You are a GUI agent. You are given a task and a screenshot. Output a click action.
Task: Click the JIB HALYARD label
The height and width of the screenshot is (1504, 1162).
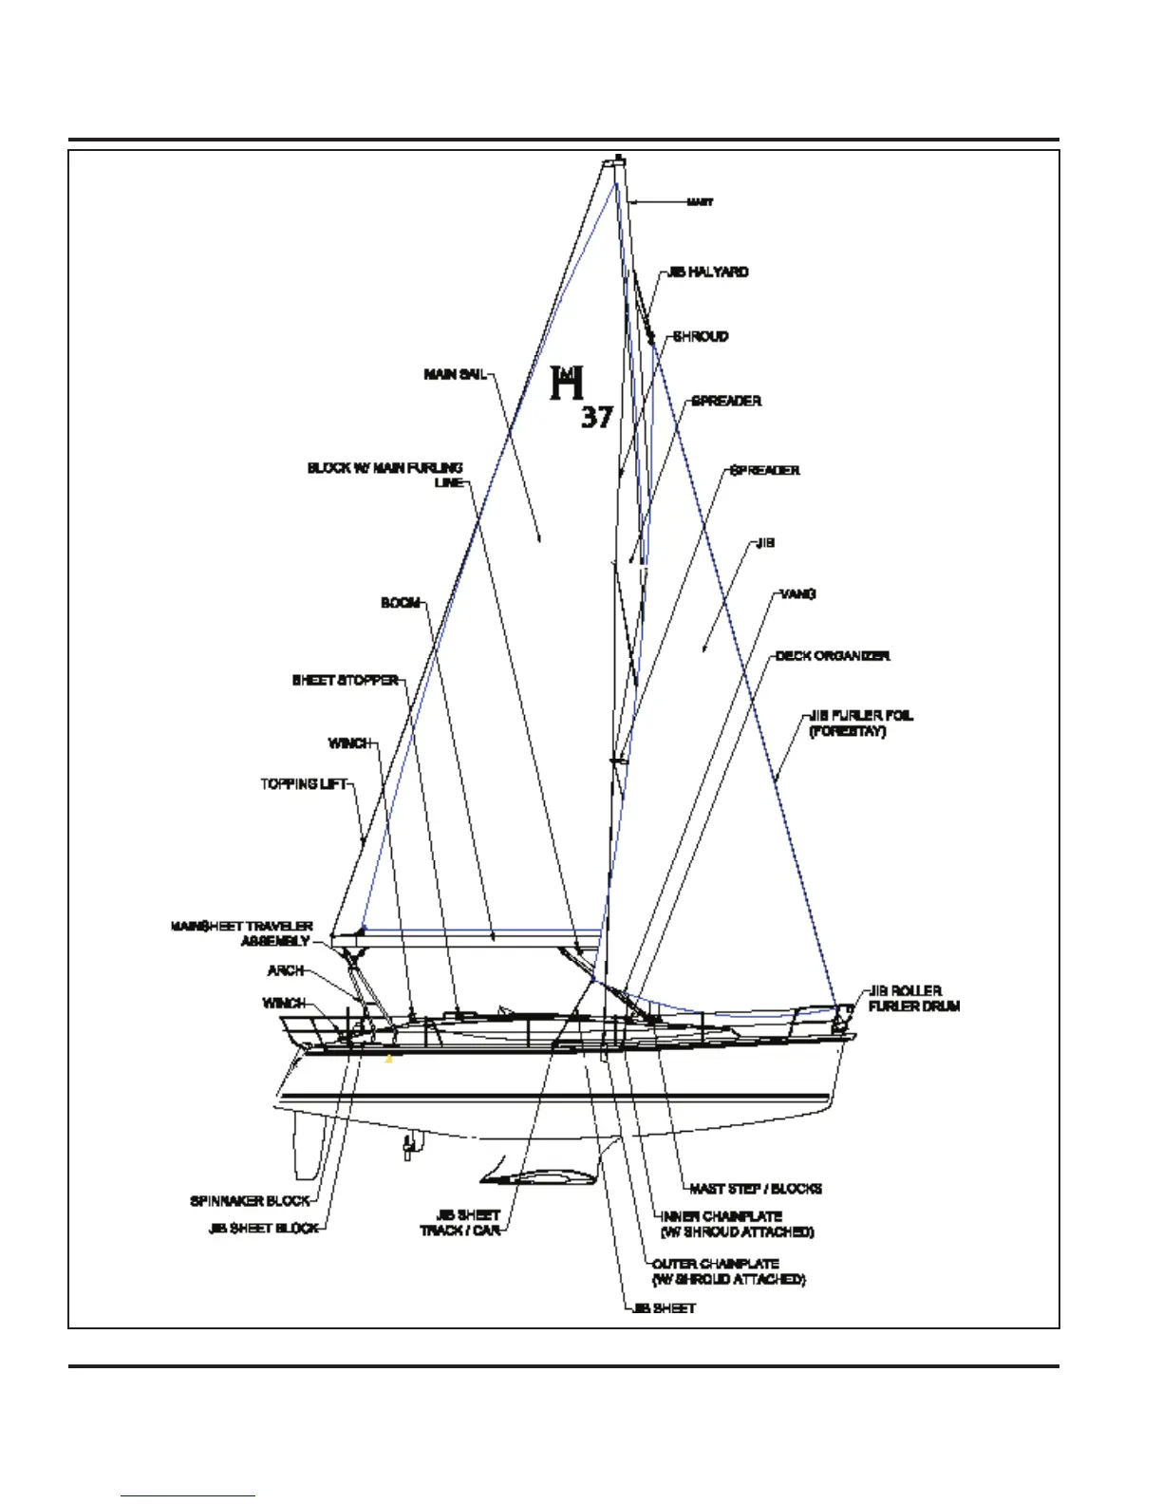point(707,273)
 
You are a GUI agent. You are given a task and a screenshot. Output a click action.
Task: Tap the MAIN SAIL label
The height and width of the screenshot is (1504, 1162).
point(455,375)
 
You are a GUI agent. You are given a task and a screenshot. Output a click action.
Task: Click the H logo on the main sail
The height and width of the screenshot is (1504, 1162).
point(568,383)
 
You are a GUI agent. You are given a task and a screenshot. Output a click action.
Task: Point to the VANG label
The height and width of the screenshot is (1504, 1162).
point(797,594)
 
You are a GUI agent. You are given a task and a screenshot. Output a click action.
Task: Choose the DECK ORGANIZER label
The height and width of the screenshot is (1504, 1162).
point(833,656)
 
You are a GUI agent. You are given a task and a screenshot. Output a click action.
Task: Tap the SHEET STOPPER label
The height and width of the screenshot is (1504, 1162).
point(346,681)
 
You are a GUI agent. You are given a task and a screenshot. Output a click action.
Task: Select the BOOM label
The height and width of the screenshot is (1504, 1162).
point(401,604)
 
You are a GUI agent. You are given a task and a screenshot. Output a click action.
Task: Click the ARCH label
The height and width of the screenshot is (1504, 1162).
point(286,971)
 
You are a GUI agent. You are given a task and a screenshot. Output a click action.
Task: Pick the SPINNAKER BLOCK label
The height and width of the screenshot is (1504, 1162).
point(250,1202)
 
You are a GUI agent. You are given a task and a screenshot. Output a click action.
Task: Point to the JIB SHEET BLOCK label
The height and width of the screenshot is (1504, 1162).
point(264,1229)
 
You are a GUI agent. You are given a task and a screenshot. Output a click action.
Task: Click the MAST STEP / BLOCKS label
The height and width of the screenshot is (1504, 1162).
point(756,1189)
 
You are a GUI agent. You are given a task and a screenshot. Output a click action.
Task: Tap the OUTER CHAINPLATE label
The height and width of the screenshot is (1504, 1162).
point(716,1265)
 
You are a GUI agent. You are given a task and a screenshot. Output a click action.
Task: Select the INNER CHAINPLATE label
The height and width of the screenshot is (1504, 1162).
point(722,1216)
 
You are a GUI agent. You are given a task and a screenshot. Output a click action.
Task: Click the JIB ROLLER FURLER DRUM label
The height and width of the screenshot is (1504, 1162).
point(913,998)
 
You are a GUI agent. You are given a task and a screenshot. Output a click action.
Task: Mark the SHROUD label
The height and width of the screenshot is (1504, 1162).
point(701,337)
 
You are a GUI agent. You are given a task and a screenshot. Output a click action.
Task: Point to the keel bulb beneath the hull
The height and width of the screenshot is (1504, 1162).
point(539,1178)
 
